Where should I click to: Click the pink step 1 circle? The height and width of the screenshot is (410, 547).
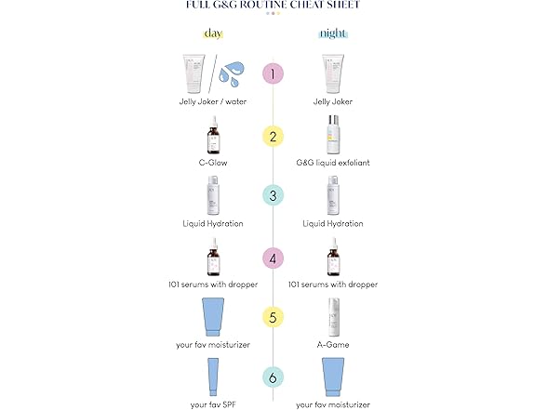[x=273, y=73]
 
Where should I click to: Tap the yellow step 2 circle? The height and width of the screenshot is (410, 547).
[x=273, y=137]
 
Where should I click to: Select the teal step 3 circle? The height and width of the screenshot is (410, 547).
[x=273, y=196]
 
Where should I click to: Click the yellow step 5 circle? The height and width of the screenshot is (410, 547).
[x=273, y=316]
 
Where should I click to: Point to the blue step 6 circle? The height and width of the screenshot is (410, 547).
[x=273, y=377]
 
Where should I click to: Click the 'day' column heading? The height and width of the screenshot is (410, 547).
[x=213, y=33]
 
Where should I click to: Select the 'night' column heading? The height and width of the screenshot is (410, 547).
[x=333, y=33]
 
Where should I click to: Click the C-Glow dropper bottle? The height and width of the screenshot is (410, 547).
[x=214, y=136]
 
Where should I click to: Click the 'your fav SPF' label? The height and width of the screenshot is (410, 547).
[x=214, y=404]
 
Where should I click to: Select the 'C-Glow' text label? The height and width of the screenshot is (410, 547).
[x=214, y=163]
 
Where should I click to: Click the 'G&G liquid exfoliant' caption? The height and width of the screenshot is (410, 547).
[x=333, y=163]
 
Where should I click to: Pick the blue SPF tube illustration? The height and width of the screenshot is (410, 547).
[x=214, y=377]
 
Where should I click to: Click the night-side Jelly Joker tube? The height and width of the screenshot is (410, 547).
[x=333, y=73]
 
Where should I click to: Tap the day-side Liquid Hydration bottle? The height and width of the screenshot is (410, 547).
[x=214, y=196]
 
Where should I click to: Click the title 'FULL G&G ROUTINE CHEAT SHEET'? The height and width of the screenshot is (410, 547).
[x=273, y=6]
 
